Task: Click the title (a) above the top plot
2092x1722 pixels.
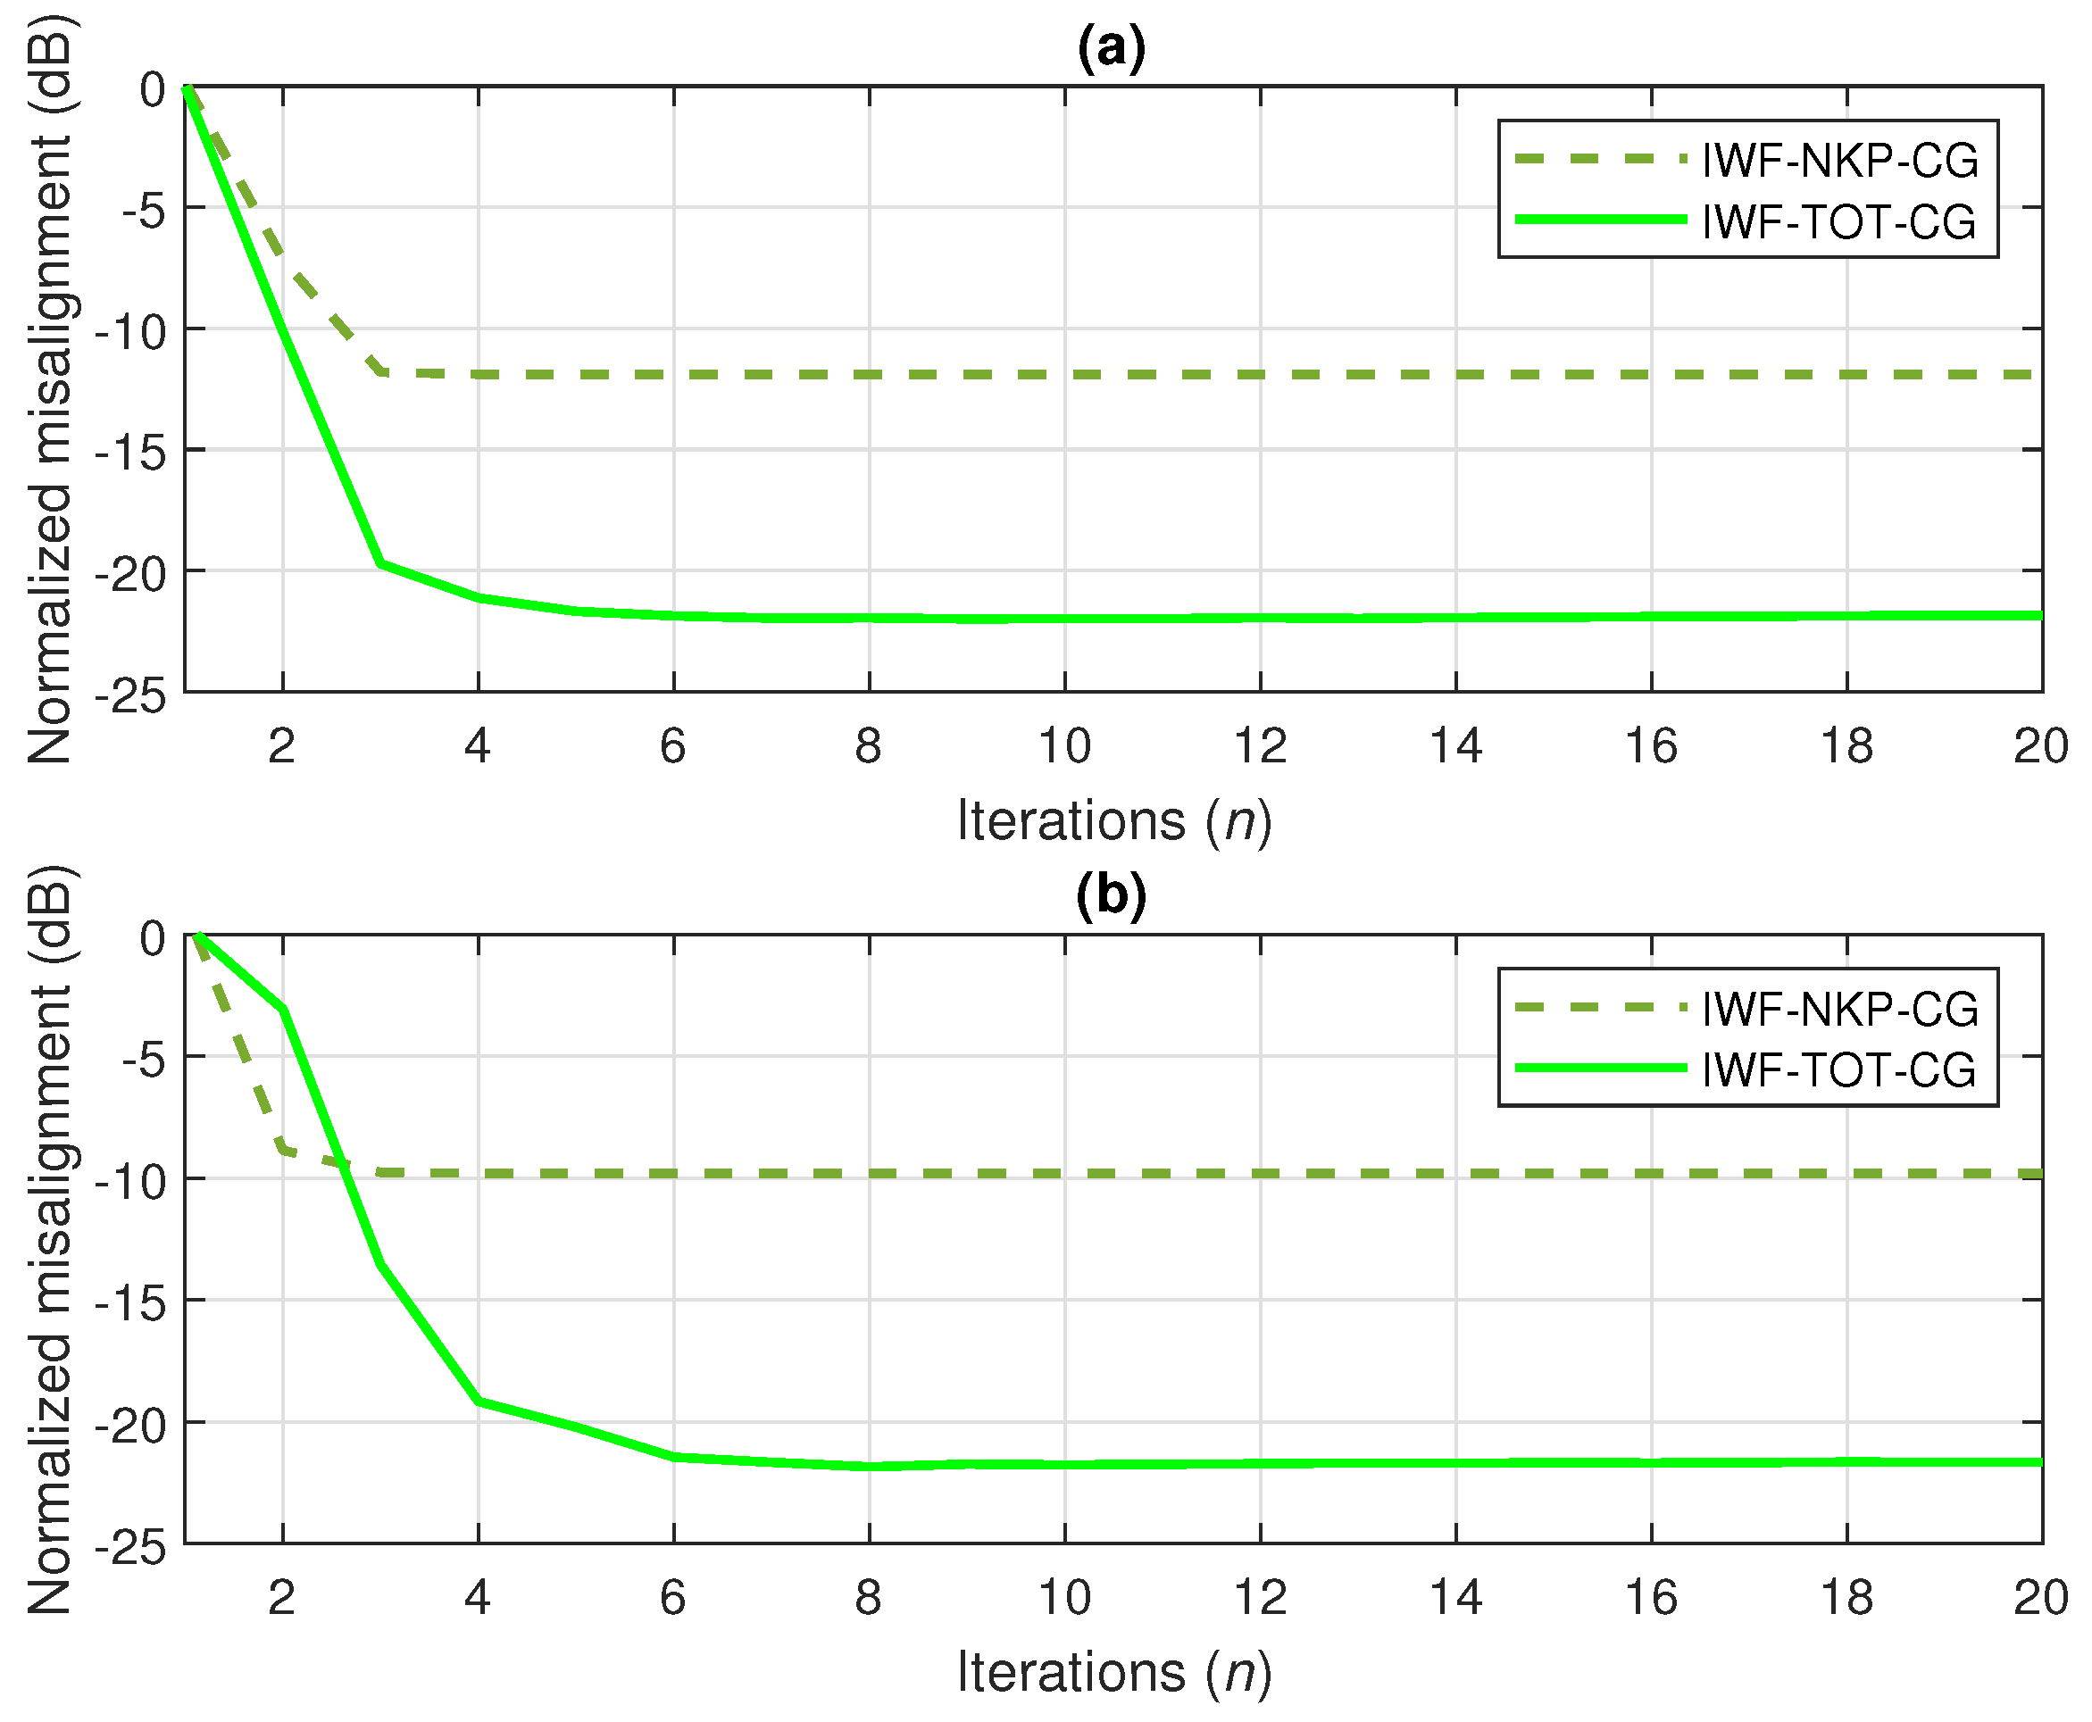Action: click(x=1111, y=46)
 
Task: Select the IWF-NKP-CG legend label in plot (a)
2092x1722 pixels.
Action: click(x=1839, y=161)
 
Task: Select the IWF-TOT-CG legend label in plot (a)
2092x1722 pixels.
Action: click(x=1838, y=221)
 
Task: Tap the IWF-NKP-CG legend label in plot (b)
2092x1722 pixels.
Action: click(x=1839, y=1009)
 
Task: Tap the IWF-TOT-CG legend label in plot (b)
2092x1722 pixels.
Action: click(x=1838, y=1069)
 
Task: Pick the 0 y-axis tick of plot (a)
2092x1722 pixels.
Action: click(x=152, y=89)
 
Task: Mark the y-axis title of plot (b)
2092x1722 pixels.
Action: click(x=50, y=1240)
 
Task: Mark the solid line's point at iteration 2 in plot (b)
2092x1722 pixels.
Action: click(x=284, y=1010)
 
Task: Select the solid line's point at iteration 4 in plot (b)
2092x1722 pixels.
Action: click(x=479, y=1401)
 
